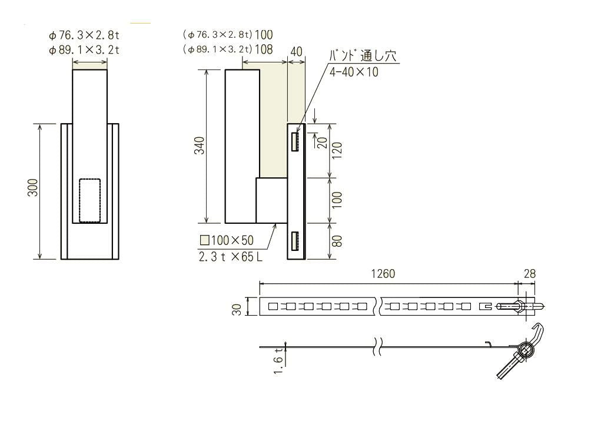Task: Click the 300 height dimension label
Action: [34, 187]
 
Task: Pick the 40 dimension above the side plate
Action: [296, 52]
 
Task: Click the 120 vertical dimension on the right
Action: [337, 151]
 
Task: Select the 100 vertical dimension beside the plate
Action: [337, 200]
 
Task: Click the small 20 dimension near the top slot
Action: [322, 142]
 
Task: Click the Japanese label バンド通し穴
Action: [361, 57]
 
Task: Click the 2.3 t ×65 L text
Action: [230, 257]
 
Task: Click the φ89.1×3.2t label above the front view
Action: [85, 50]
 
